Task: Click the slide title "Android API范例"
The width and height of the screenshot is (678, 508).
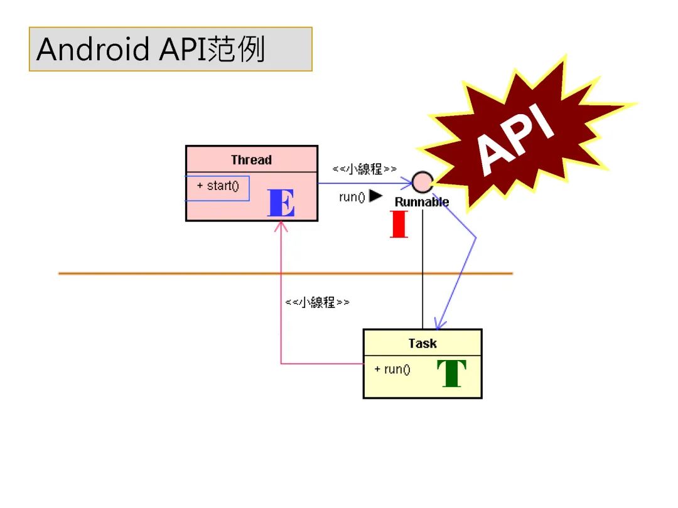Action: coord(151,50)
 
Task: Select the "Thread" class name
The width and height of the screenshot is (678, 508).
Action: coord(251,160)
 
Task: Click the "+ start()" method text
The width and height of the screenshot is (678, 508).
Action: coord(218,186)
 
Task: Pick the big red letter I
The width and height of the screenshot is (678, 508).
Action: coord(399,225)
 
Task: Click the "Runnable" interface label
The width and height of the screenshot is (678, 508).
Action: coord(422,202)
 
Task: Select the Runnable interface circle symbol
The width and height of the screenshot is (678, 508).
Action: coord(422,183)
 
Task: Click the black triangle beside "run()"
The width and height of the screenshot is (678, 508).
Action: coord(375,196)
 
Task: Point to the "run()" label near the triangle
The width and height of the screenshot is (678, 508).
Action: coord(352,197)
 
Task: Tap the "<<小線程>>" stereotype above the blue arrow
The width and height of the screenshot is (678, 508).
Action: coord(365,169)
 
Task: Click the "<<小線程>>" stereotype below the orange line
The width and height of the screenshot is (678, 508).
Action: coord(317,302)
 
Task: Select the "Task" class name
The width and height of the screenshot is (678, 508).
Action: coord(422,343)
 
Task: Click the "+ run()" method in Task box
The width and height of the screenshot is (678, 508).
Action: coord(392,369)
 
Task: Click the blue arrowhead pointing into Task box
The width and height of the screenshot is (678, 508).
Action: coord(439,324)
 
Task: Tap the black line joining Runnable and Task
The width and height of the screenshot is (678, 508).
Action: coord(422,270)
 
